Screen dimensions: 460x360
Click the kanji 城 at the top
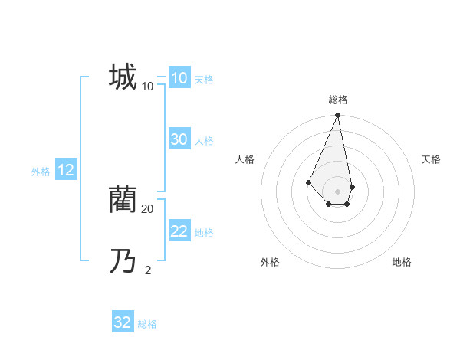[x=123, y=77]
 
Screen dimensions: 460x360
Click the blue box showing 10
[x=179, y=78]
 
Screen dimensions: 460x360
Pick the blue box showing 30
[x=179, y=139]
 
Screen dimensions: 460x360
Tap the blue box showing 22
[x=179, y=231]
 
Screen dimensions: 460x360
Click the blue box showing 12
[x=66, y=170]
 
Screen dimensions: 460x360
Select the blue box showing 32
[x=123, y=322]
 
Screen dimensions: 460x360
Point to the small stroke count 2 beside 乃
[x=148, y=270]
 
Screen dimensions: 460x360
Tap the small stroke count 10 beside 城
[x=147, y=86]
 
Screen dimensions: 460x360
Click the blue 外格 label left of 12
[x=41, y=172]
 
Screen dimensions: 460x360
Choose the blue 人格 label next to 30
[x=204, y=141]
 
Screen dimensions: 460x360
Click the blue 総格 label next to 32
[x=147, y=324]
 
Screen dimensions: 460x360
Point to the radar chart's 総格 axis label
[x=337, y=100]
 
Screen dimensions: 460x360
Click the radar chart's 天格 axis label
[x=431, y=159]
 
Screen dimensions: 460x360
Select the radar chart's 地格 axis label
[x=402, y=262]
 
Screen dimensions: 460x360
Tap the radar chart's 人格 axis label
[x=245, y=159]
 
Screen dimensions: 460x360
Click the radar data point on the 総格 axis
[x=337, y=116]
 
